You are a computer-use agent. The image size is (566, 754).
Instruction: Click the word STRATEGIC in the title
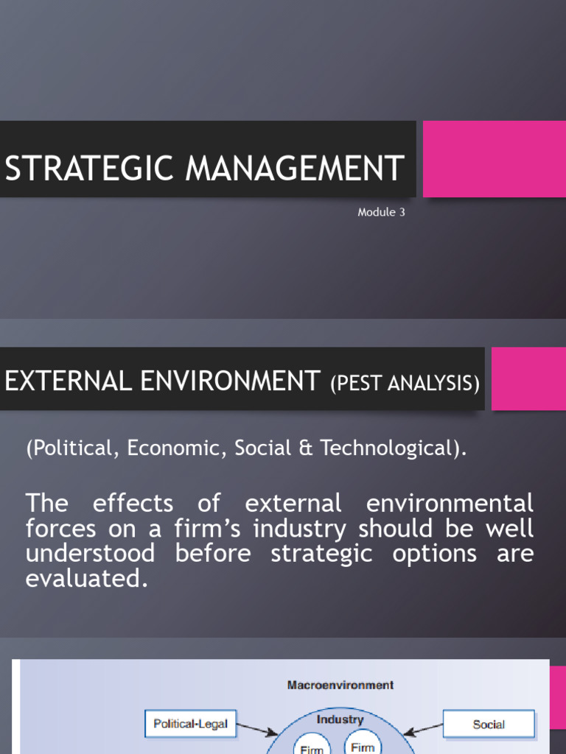point(90,168)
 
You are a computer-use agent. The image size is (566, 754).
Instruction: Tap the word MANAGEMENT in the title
point(294,168)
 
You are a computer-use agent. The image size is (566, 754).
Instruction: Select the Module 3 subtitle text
point(381,213)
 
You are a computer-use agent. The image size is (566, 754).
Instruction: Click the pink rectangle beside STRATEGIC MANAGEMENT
point(493,159)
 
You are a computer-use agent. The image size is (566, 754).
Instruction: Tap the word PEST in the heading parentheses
point(354,384)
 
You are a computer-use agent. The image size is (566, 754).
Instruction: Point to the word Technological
point(383,448)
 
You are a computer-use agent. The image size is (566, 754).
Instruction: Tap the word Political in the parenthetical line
point(72,448)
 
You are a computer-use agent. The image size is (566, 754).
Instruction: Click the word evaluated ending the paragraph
point(82,578)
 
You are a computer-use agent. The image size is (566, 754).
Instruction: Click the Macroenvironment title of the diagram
point(340,685)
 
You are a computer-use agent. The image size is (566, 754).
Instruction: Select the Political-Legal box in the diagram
point(190,724)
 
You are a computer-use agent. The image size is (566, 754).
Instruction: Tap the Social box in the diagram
point(489,724)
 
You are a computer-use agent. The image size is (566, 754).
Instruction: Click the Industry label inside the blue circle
point(340,719)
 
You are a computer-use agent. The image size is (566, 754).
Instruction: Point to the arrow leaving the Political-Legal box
point(258,729)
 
